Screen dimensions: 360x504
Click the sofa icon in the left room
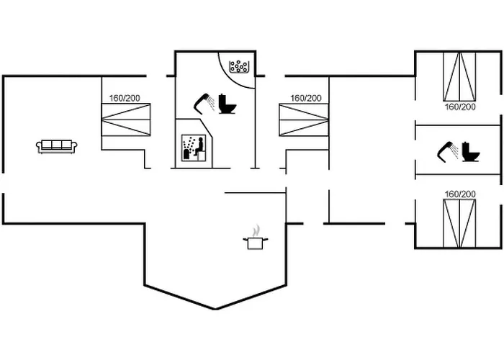(57, 146)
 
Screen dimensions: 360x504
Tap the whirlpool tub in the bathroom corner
(238, 67)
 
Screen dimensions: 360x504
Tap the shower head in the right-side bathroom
(447, 150)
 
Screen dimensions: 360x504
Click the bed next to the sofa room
(127, 120)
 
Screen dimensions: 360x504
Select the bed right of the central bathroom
(302, 120)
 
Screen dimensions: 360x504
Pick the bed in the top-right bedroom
(459, 76)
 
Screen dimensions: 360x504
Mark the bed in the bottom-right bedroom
(459, 222)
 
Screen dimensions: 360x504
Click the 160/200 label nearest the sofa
(125, 99)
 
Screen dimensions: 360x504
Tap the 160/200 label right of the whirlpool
(306, 99)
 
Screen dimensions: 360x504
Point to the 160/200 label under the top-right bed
(460, 107)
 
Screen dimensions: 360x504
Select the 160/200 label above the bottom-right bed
(460, 194)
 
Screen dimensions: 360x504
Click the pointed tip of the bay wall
(216, 309)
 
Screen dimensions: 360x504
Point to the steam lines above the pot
(255, 230)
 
